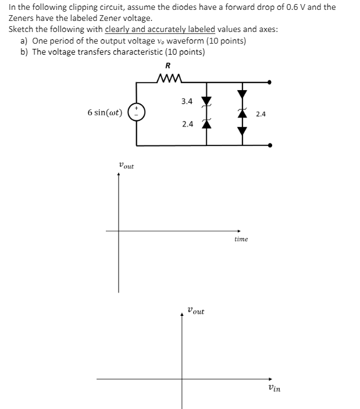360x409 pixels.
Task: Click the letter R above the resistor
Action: click(x=169, y=65)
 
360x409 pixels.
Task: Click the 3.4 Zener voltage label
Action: click(x=186, y=101)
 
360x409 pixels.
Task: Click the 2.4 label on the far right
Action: click(x=261, y=114)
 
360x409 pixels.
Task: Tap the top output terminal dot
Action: click(x=269, y=83)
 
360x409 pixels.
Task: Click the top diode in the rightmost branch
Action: click(x=242, y=93)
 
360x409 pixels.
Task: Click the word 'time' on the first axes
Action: click(x=241, y=239)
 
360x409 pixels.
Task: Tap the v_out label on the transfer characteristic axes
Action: click(x=195, y=311)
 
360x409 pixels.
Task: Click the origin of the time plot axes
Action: click(x=119, y=231)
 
